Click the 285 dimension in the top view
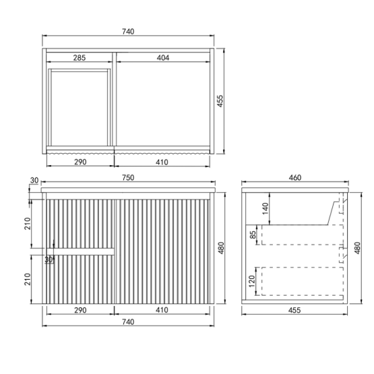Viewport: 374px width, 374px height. tap(79, 58)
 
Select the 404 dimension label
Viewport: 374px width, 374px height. tap(162, 58)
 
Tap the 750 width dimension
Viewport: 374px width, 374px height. tap(128, 178)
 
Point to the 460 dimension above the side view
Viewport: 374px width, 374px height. tap(294, 178)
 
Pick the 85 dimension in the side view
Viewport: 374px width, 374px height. tap(252, 235)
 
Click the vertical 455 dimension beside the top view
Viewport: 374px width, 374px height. tap(220, 100)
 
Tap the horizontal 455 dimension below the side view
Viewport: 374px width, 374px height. tap(294, 310)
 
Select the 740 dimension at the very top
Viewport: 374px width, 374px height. tap(128, 32)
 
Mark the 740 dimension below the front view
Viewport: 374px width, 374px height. tap(128, 322)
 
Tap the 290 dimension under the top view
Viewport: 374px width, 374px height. tap(80, 162)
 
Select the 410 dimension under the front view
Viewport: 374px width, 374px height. tap(162, 310)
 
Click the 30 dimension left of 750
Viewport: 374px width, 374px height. tap(34, 181)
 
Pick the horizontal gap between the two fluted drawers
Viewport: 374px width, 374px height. tap(82, 251)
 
